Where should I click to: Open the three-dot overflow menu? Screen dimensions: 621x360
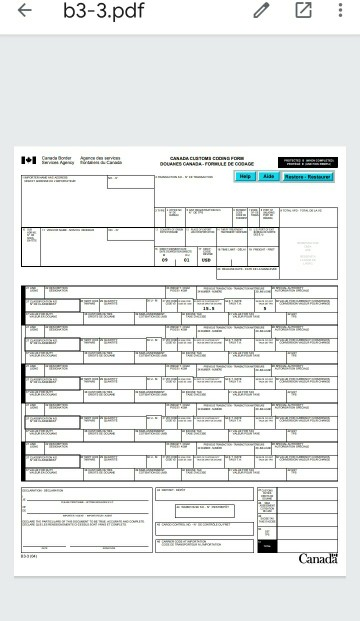tap(341, 12)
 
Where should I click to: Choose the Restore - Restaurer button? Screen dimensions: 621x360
tap(307, 176)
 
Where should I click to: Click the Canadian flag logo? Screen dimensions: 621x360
tap(29, 160)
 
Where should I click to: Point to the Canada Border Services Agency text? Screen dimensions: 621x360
tap(57, 160)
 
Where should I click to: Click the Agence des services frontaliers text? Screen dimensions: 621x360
tap(101, 160)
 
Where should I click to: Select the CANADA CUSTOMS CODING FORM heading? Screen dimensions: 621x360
tap(205, 158)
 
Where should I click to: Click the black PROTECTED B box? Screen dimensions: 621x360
tap(307, 160)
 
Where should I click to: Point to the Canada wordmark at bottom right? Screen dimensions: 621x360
tap(317, 557)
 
